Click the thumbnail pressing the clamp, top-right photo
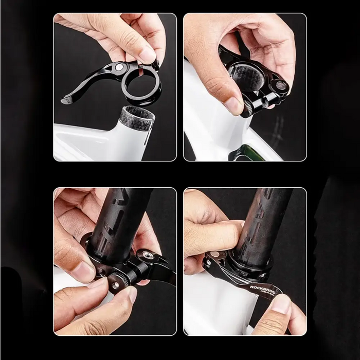click(x=234, y=105)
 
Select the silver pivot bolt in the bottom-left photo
click(x=148, y=255)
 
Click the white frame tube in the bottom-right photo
click(x=216, y=309)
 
